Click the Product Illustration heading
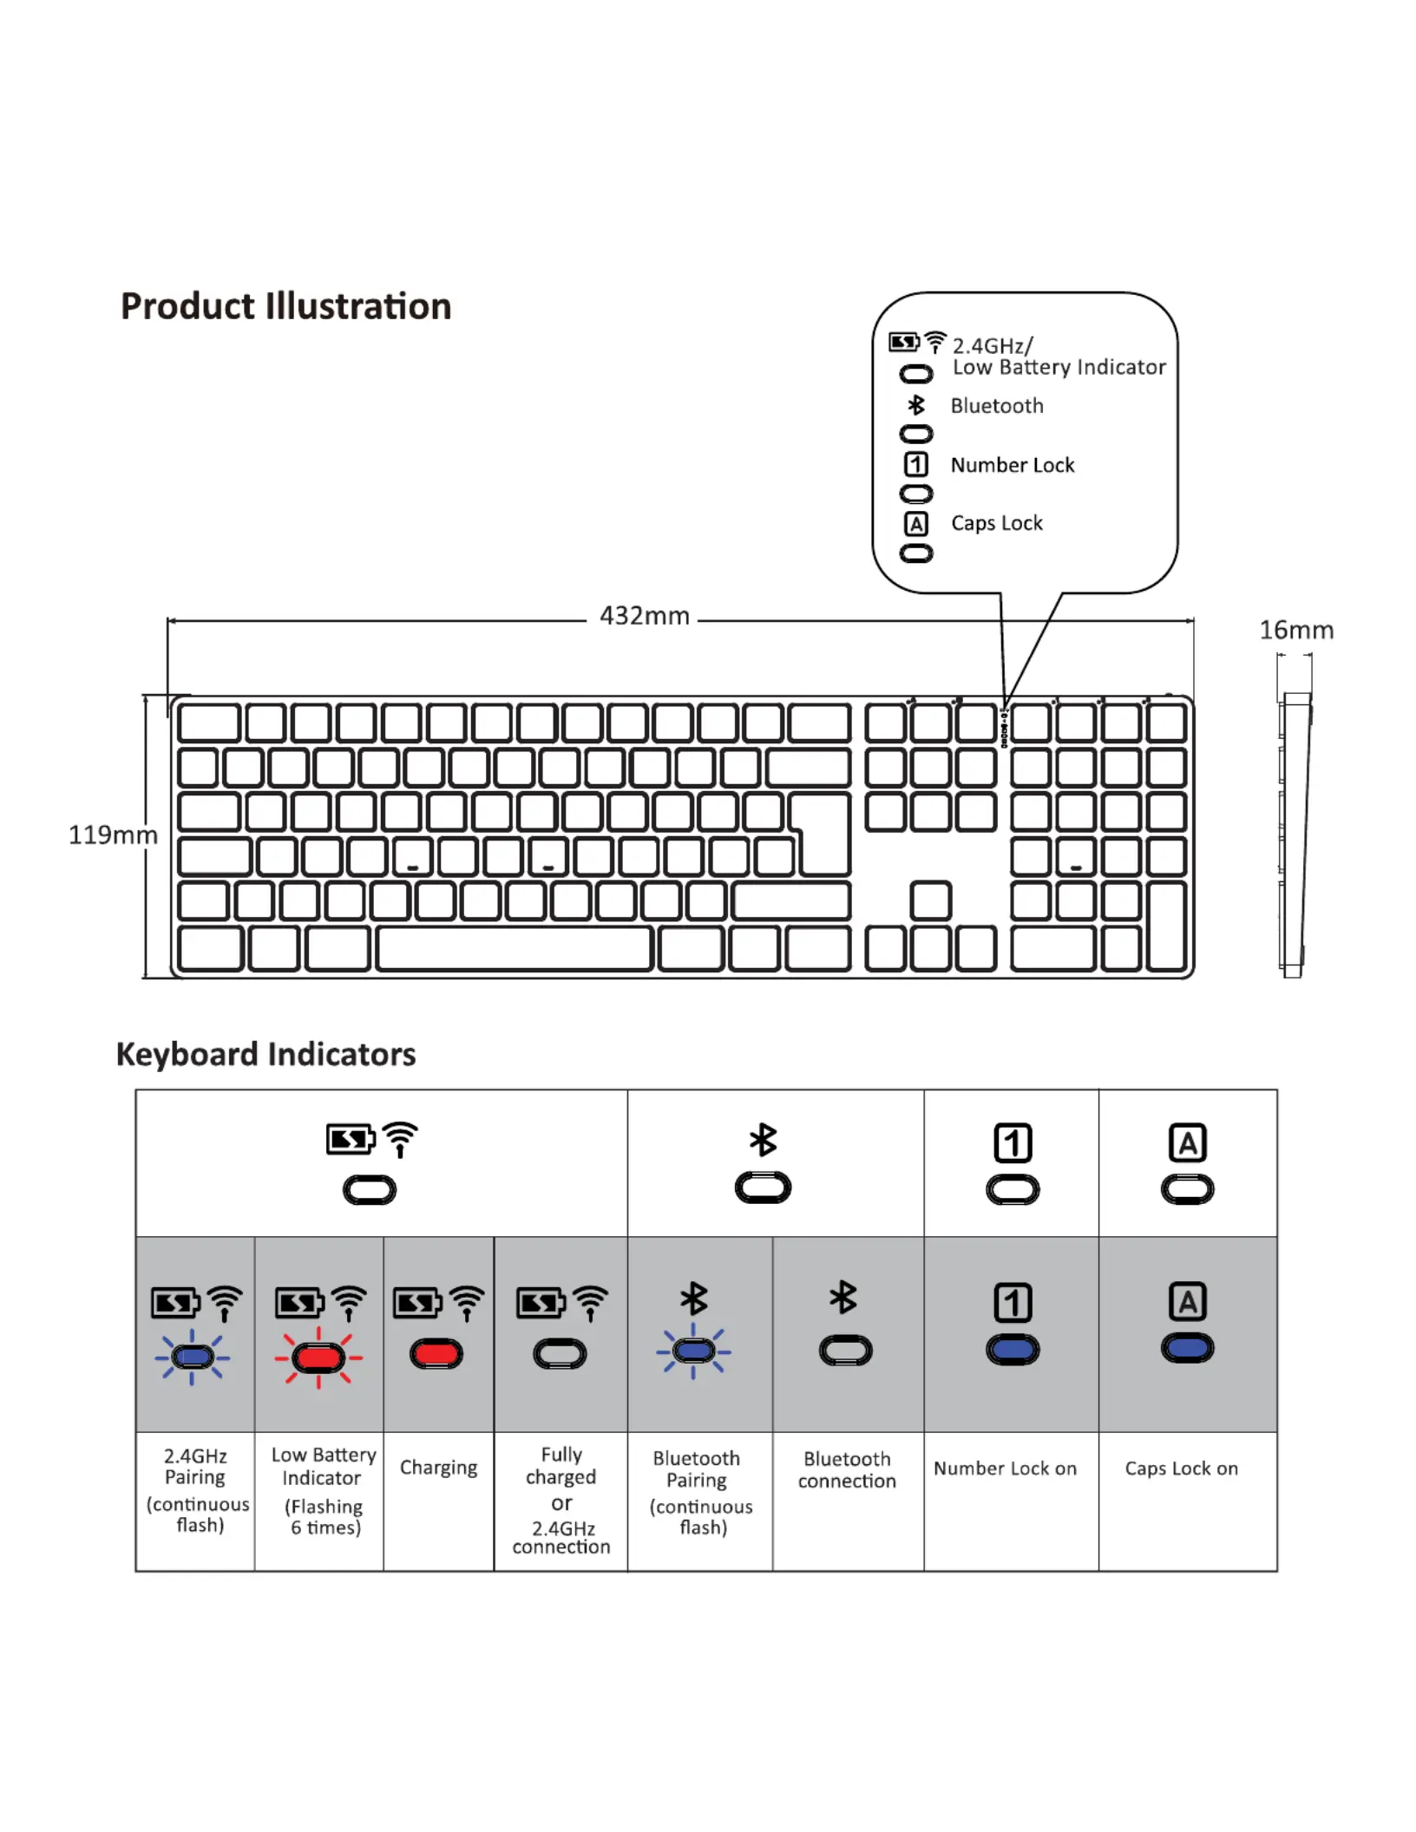(x=285, y=306)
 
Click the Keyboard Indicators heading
(x=265, y=1054)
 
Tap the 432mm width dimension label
(x=644, y=616)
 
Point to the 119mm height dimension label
(x=113, y=834)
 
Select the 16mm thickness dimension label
(x=1296, y=630)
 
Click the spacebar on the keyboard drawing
(x=515, y=948)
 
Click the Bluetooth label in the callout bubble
(x=997, y=406)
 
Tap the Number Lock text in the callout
(x=1013, y=465)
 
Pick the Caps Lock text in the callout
(x=997, y=523)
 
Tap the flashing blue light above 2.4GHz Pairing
(x=193, y=1357)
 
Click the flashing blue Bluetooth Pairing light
(x=693, y=1351)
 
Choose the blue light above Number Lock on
(x=1013, y=1350)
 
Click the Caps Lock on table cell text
(x=1181, y=1469)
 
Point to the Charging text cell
(x=438, y=1468)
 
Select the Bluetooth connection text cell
(x=847, y=1469)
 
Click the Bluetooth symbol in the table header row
(x=763, y=1140)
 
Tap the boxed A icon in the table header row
(x=1187, y=1142)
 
